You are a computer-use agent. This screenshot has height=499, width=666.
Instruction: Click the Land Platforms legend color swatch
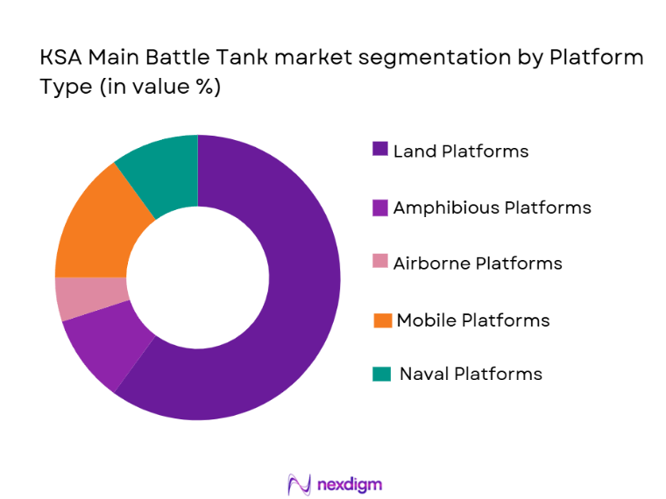(379, 151)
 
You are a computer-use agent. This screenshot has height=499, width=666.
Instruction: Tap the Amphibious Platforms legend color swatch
(379, 207)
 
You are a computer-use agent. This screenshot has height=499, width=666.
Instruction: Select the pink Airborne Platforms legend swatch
(379, 263)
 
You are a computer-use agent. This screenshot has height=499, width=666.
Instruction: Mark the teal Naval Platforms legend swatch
(381, 374)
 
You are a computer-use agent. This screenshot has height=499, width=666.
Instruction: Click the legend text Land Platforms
(461, 151)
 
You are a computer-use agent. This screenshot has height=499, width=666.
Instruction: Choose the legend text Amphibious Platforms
(492, 207)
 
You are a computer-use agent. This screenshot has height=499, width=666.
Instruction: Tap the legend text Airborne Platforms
(478, 263)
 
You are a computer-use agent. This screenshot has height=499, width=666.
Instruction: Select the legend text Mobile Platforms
(473, 320)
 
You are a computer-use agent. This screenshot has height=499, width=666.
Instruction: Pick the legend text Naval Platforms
(471, 374)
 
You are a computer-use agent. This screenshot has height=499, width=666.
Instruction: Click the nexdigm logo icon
(300, 484)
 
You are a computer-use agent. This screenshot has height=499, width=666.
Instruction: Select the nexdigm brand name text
(350, 484)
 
